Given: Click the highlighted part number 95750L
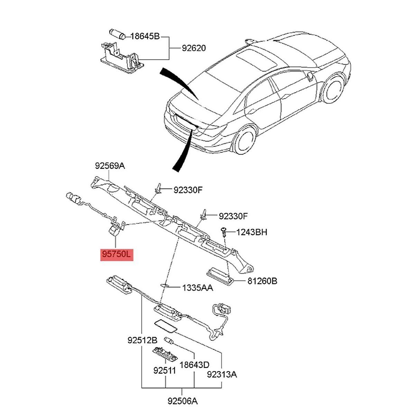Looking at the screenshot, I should (117, 255).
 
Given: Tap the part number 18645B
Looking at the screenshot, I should (145, 36).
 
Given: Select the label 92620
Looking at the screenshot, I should (194, 48).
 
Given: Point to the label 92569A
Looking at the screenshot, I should (110, 166).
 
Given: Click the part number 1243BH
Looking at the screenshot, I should (252, 232).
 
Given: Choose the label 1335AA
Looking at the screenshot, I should (198, 287).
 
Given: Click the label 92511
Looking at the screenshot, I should (165, 370).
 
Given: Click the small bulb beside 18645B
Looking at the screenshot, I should (118, 34).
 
